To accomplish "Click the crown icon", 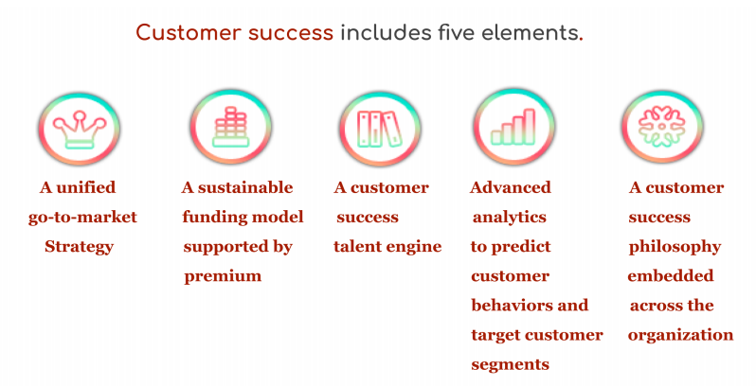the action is [x=80, y=129].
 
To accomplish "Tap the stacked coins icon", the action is [x=231, y=127].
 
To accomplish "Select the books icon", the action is [x=380, y=129].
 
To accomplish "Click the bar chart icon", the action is [x=513, y=127].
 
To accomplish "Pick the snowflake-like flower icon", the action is [x=662, y=126].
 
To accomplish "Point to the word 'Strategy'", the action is [x=79, y=247].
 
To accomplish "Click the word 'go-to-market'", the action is [x=83, y=217].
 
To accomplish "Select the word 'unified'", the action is [x=86, y=187].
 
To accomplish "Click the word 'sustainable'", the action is [x=245, y=187].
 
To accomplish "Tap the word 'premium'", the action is [x=223, y=276].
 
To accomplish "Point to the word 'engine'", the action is [x=412, y=247].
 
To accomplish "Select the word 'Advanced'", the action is [x=511, y=187].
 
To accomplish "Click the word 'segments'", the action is [x=510, y=365].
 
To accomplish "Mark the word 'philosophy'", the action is [x=675, y=247].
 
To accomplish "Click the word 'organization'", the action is [x=681, y=335].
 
